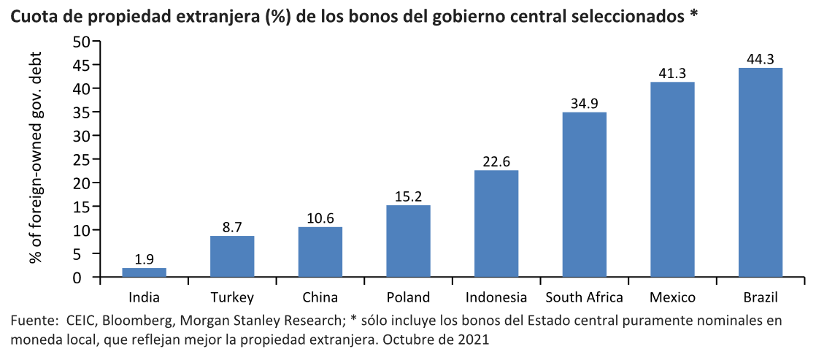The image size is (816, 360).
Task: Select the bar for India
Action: pos(144,272)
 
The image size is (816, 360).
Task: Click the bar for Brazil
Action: pos(760,172)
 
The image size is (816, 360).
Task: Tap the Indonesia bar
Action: pos(496,223)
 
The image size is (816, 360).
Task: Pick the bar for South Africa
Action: pos(584,194)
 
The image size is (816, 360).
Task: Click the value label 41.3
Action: pos(672,73)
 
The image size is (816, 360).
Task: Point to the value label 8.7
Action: pos(232,227)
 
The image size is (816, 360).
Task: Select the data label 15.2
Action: pos(408,196)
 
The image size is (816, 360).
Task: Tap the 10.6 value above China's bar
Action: pos(320,218)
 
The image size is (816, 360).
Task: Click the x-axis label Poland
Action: pos(408,297)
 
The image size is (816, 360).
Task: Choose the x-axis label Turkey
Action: pos(232,297)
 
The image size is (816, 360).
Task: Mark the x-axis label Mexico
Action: pos(672,297)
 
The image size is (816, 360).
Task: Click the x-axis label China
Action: pos(320,297)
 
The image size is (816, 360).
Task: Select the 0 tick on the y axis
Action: pos(85,277)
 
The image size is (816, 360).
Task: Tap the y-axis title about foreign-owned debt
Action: pos(35,158)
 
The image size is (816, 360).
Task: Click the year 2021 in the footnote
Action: pos(472,340)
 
